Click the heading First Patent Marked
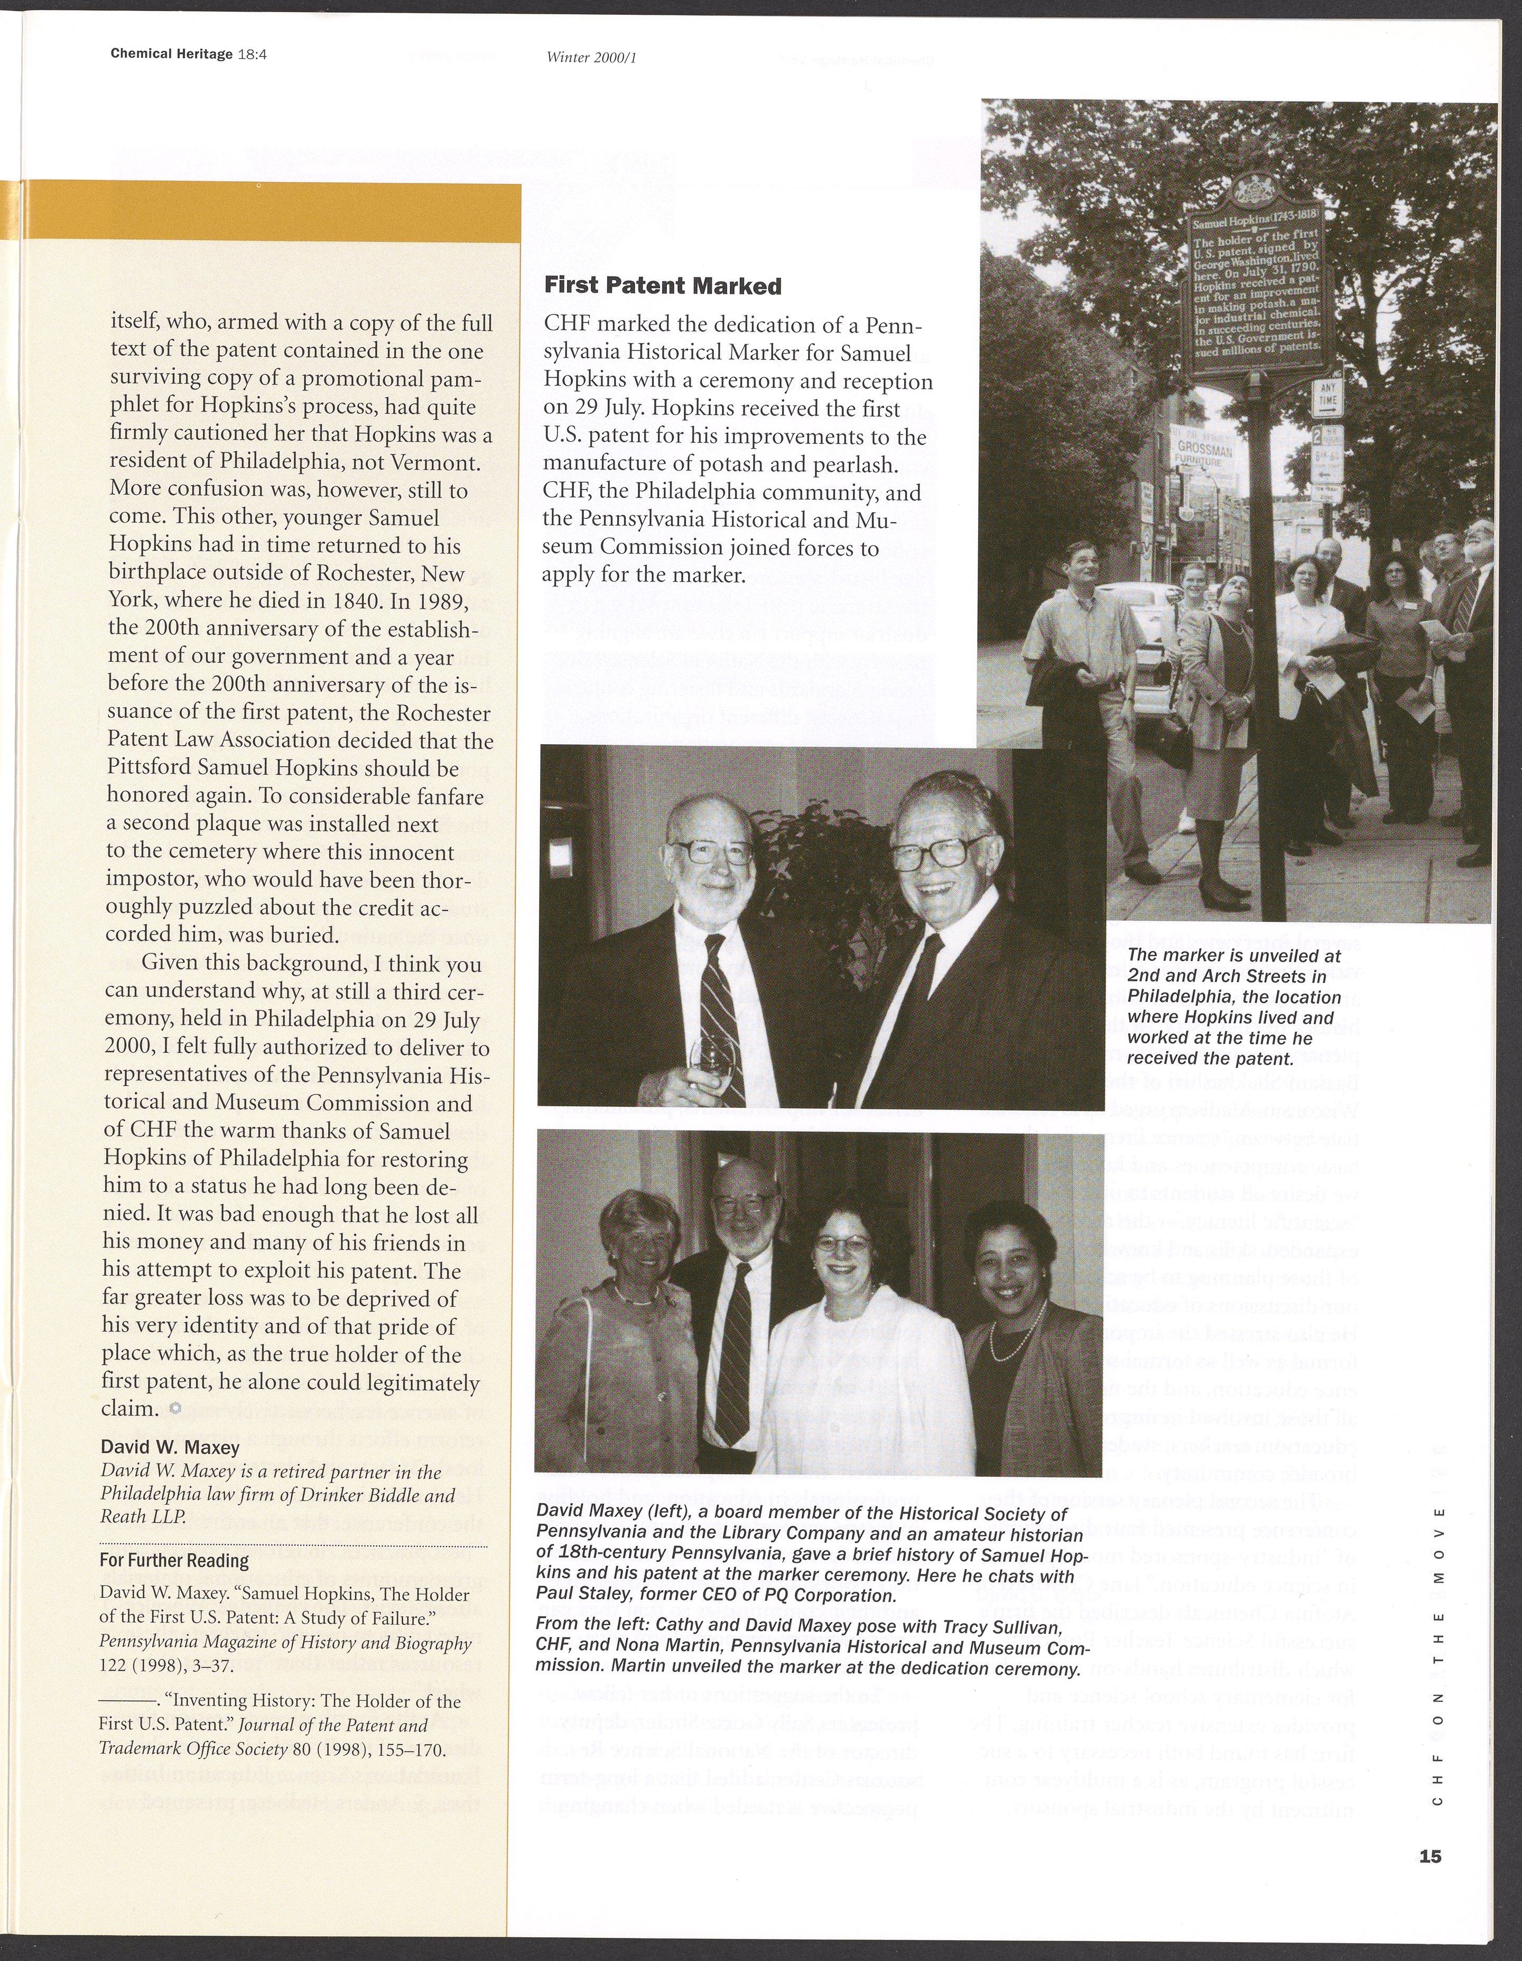pyautogui.click(x=663, y=286)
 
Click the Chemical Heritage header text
pyautogui.click(x=171, y=53)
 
